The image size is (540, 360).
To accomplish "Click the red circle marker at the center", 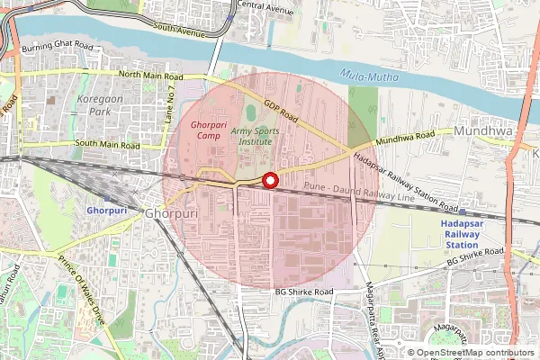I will click(269, 181).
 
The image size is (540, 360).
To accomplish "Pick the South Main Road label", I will click(107, 144).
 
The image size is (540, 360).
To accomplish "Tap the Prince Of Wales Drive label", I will click(82, 288).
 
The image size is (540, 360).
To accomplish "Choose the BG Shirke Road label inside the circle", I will click(304, 292).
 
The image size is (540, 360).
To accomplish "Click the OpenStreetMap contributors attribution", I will click(475, 353).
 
